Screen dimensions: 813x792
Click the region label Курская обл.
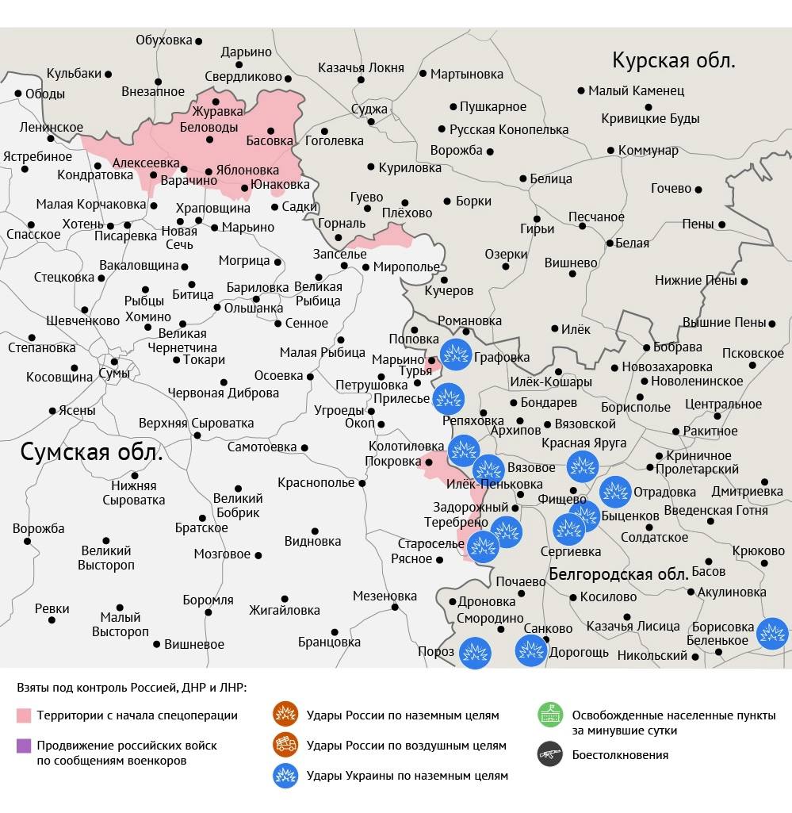pos(674,60)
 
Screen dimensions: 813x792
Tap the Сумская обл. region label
pos(91,453)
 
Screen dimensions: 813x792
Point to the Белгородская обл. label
pos(618,573)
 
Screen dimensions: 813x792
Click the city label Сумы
pos(114,372)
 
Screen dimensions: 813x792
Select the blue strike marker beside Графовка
pos(456,354)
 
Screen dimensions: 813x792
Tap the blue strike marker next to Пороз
pos(475,653)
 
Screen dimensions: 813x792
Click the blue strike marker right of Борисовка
pos(771,633)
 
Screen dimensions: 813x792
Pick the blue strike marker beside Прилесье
pos(448,398)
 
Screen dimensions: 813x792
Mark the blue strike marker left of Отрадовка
pos(615,492)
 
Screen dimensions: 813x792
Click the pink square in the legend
pos(24,715)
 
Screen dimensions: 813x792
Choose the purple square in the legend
pos(24,746)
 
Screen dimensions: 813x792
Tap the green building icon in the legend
pos(549,715)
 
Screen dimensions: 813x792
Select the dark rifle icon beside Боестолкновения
pos(549,754)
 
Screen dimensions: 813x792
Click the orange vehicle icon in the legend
pos(284,746)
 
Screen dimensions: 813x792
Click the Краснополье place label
pos(316,482)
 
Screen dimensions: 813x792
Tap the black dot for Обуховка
pos(199,40)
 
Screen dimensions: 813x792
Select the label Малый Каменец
pos(636,90)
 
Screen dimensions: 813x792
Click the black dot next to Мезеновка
pos(396,608)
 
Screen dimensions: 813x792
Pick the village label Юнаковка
pos(280,185)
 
